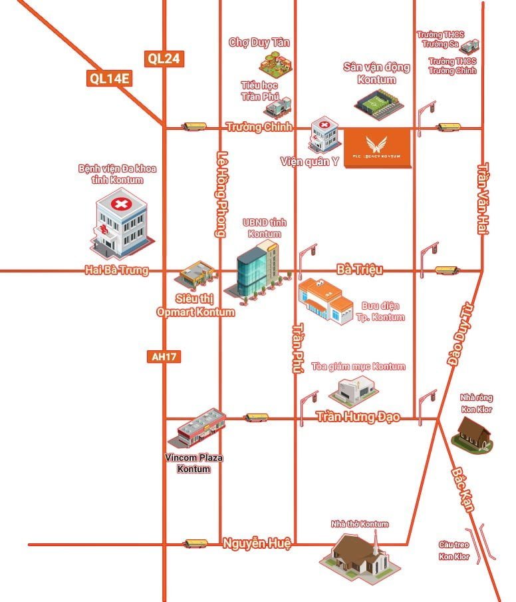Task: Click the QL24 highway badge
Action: click(x=164, y=59)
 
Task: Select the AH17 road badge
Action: click(x=163, y=357)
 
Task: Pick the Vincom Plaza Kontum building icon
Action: click(x=199, y=428)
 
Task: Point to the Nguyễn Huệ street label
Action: click(x=257, y=544)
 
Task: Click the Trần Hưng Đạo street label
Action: click(x=358, y=418)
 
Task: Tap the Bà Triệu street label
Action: click(x=359, y=270)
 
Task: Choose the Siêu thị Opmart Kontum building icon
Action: click(x=197, y=274)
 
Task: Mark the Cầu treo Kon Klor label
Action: click(x=454, y=550)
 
